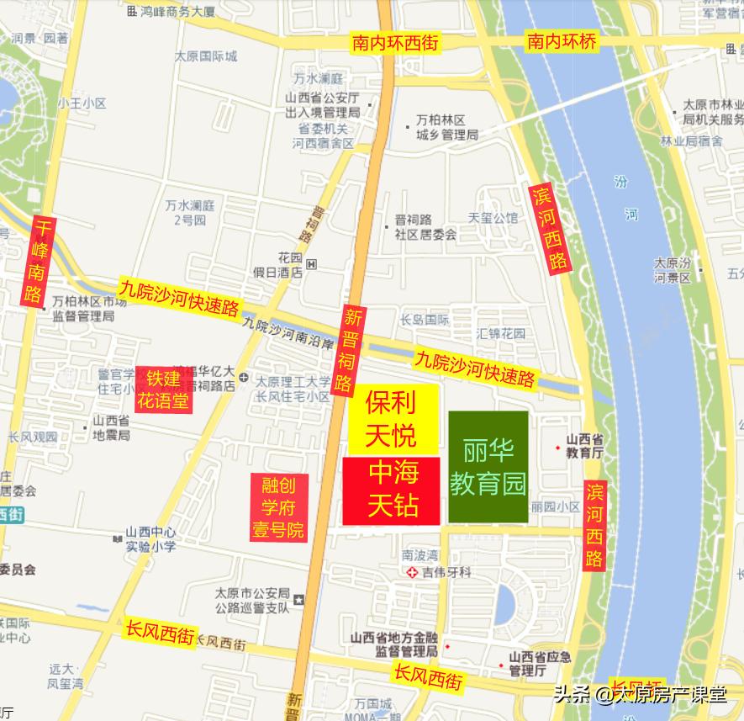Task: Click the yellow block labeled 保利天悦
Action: [393, 420]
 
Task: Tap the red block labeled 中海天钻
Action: [392, 490]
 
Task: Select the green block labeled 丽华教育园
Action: [488, 467]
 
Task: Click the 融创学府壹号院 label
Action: [279, 507]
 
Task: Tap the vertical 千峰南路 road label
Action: [34, 260]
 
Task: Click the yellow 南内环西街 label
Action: [395, 42]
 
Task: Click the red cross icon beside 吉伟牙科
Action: [412, 572]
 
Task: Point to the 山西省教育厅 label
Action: [584, 445]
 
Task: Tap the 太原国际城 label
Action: [206, 56]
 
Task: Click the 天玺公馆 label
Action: [493, 218]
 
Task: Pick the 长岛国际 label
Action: [425, 320]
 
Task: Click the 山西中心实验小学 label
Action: [151, 539]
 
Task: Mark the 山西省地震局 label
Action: [111, 428]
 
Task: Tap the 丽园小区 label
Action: [555, 507]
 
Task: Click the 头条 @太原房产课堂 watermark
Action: [640, 695]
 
